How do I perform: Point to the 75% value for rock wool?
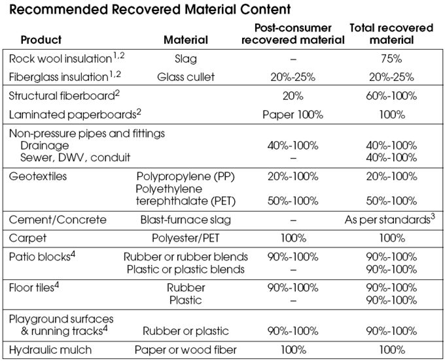[x=391, y=59]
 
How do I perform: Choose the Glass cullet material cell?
[x=186, y=76]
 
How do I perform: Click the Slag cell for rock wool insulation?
[x=186, y=59]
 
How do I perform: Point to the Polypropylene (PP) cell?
[x=186, y=176]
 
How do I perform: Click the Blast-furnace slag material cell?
[x=186, y=220]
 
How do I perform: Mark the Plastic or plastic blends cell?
[x=186, y=269]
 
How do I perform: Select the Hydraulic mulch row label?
[x=50, y=350]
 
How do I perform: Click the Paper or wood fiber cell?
[x=186, y=350]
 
